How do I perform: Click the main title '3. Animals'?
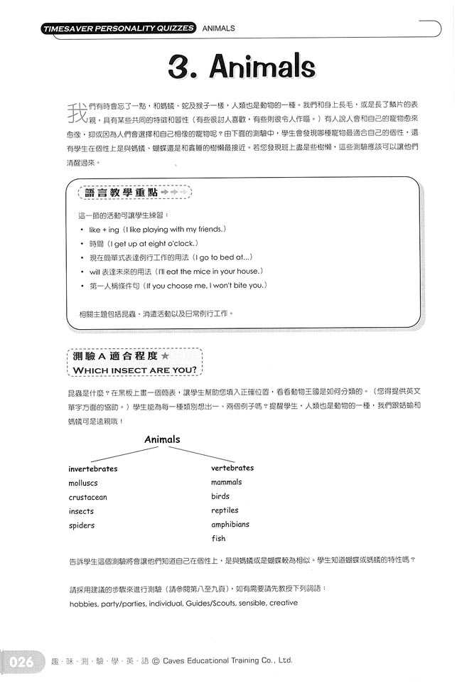pyautogui.click(x=242, y=68)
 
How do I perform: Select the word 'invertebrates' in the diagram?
pyautogui.click(x=92, y=469)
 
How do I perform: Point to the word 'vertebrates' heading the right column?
pyautogui.click(x=232, y=468)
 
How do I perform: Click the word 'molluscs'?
pyautogui.click(x=84, y=483)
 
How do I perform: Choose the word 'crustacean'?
pyautogui.click(x=88, y=498)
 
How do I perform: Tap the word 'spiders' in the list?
pyautogui.click(x=82, y=526)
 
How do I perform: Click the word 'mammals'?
pyautogui.click(x=227, y=482)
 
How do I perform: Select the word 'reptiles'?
pyautogui.click(x=225, y=510)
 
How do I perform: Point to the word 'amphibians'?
pyautogui.click(x=230, y=525)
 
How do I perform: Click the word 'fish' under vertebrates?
pyautogui.click(x=218, y=539)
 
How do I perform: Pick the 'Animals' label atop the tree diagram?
pyautogui.click(x=162, y=439)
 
